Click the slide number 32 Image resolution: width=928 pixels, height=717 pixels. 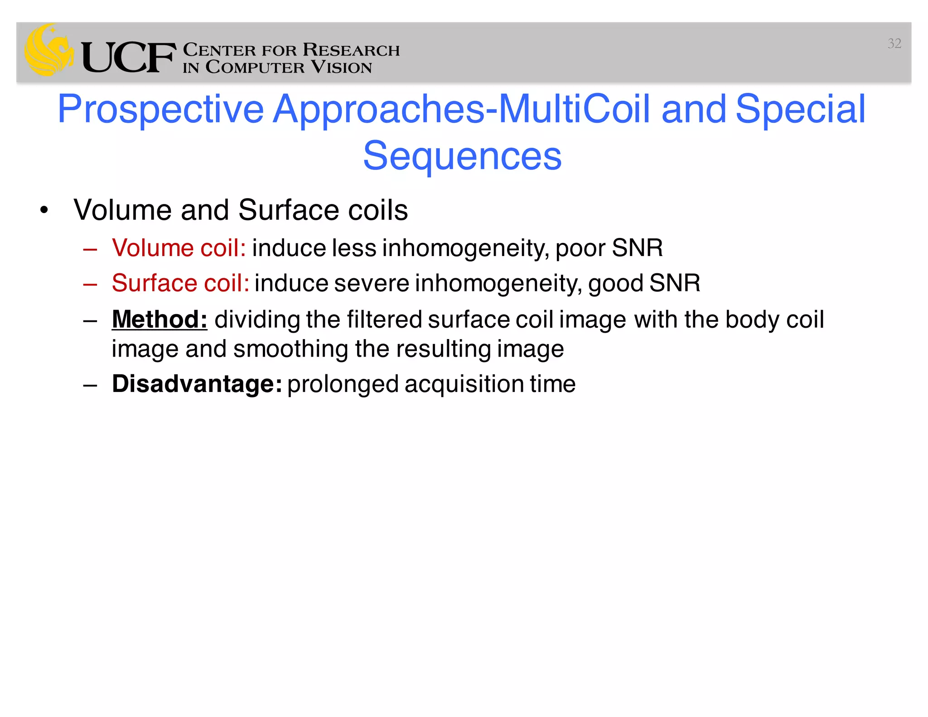point(894,44)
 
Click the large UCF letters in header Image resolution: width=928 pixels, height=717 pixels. point(129,58)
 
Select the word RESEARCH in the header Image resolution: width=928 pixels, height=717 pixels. point(351,49)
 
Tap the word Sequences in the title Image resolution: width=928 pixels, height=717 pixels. point(462,156)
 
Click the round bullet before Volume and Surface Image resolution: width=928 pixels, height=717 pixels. point(44,210)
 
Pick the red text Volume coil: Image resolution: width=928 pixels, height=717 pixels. point(179,248)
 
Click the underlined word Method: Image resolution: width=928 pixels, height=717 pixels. point(159,319)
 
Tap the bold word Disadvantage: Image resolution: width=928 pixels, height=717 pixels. point(197,384)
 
